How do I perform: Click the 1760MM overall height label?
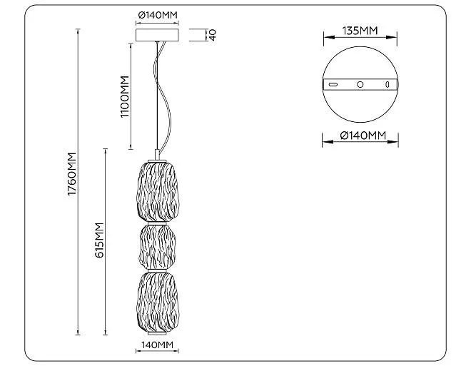72,174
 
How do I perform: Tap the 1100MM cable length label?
125,97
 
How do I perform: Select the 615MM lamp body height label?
99,240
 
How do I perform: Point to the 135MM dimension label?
360,31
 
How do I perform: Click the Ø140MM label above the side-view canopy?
158,15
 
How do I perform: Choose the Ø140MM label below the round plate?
363,136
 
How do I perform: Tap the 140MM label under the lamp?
158,345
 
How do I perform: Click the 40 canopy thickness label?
213,35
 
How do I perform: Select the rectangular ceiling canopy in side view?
158,35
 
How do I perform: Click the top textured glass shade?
158,192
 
